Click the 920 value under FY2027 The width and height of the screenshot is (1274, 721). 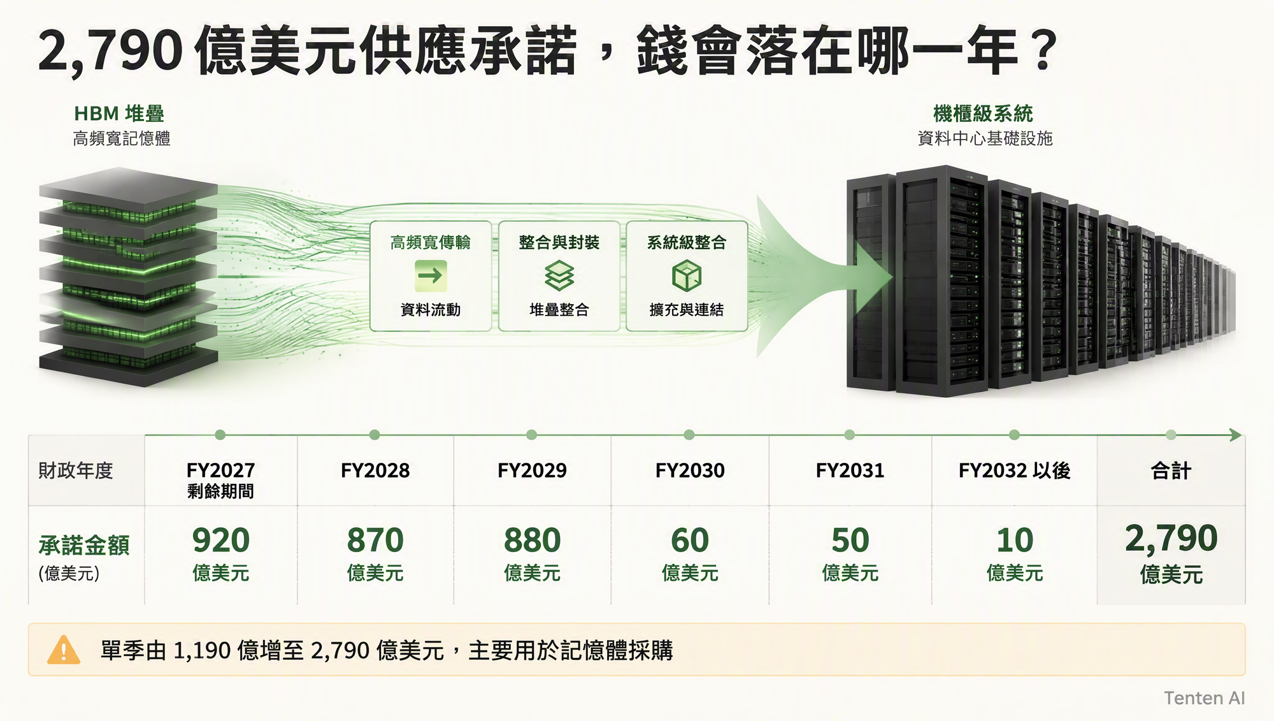point(220,541)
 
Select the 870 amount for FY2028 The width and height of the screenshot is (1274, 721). point(375,541)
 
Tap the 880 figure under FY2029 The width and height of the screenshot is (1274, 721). point(532,541)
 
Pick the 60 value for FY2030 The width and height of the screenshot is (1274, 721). point(690,541)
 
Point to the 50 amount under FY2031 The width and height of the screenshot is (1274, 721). point(850,541)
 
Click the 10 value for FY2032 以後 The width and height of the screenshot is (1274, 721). point(1015,541)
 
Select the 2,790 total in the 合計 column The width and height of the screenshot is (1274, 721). point(1171,539)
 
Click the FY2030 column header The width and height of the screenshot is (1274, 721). point(690,470)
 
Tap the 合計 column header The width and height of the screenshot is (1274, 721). point(1171,470)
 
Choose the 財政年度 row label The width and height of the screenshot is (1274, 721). point(76,470)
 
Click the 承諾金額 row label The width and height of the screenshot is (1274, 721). point(84,546)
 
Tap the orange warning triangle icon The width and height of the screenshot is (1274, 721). point(64,650)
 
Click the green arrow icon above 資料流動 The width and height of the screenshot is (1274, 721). point(431,275)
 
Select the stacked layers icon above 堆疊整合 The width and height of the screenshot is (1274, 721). point(559,275)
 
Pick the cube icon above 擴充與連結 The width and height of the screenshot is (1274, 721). point(687,276)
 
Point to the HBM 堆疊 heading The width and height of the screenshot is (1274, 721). point(119,114)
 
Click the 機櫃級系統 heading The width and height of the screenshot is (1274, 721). point(983,114)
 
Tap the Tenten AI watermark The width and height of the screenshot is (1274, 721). point(1205,698)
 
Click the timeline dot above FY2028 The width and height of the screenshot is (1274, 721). point(375,435)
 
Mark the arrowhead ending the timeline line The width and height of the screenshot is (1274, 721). point(1236,435)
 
